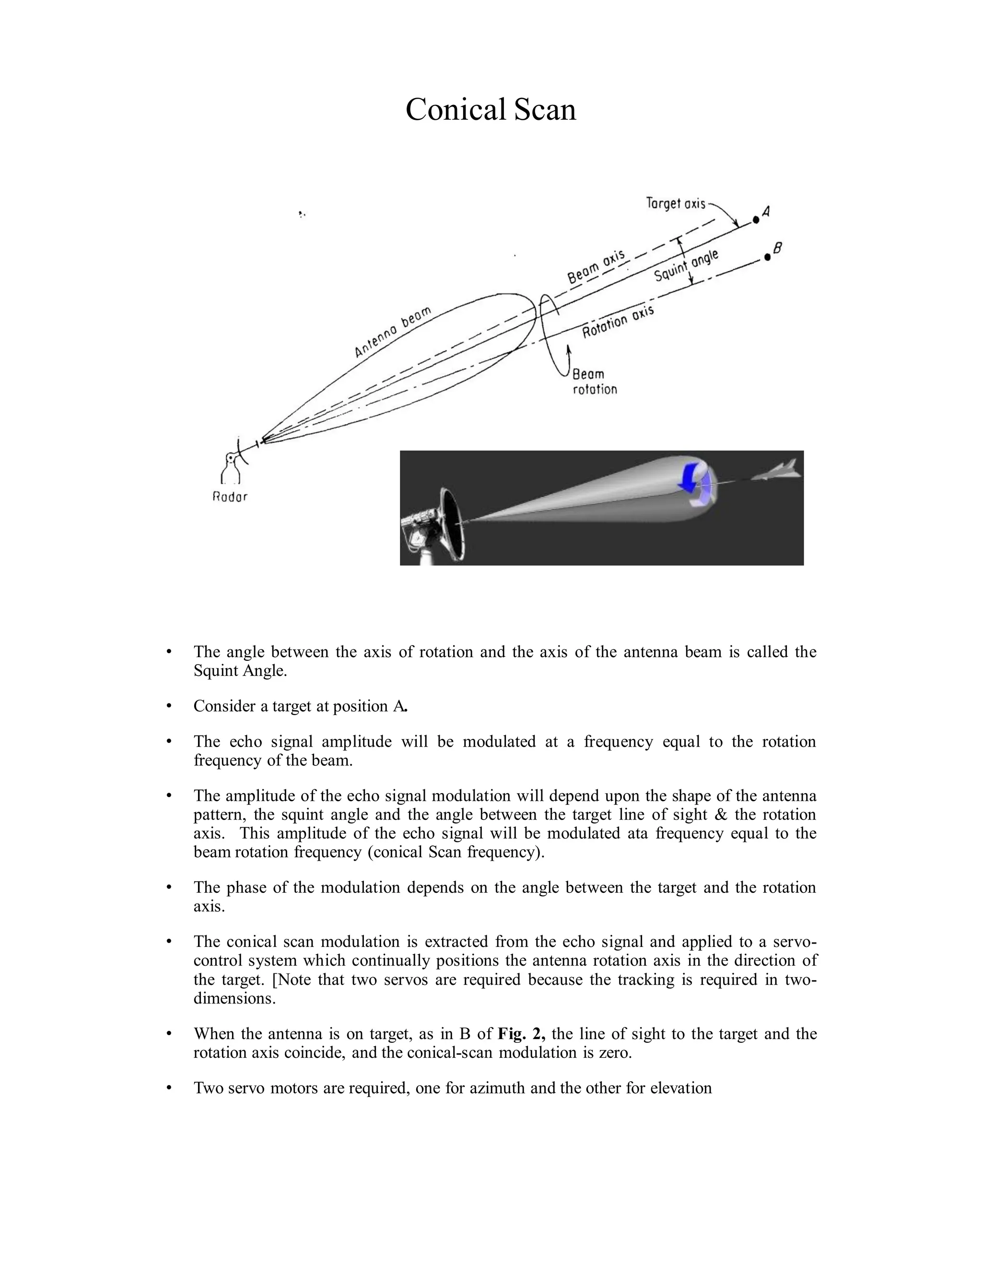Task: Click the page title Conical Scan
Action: coord(491,109)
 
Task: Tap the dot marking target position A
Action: coord(756,220)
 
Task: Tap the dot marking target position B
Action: coord(767,257)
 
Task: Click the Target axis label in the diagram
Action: coord(676,204)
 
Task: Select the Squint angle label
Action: coord(687,266)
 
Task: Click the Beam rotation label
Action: coord(594,382)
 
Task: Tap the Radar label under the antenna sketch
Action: coord(230,497)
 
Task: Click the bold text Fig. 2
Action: coord(521,1034)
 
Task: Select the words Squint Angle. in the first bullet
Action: coord(240,670)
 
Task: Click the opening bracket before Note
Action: coord(275,980)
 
